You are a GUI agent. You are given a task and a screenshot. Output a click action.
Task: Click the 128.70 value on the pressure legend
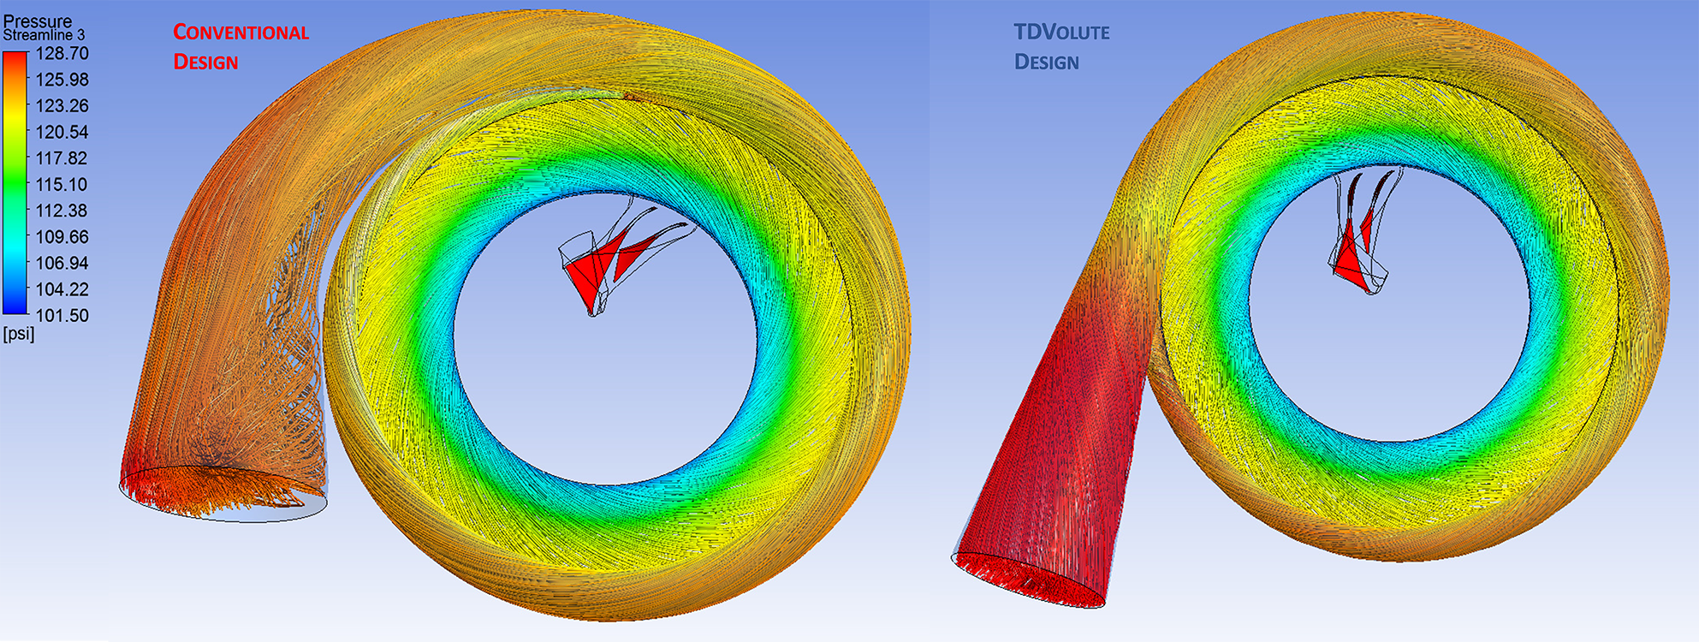62,53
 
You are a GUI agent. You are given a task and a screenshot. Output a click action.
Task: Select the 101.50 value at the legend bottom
62,315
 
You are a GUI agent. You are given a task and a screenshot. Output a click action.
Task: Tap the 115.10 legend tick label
62,184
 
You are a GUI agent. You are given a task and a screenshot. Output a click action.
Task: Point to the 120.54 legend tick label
62,132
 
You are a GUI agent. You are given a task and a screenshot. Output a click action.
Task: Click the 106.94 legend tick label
62,263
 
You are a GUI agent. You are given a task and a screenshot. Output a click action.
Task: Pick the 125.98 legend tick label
62,79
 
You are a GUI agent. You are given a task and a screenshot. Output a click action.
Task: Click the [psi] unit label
19,334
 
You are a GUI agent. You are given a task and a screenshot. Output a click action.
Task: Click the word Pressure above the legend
37,21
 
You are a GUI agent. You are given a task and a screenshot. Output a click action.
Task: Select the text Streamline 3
44,36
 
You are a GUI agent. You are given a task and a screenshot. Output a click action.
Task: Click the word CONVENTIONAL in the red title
241,33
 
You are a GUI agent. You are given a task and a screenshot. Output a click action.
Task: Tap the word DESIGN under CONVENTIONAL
205,62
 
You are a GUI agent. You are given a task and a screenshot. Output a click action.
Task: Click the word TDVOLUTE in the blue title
1061,33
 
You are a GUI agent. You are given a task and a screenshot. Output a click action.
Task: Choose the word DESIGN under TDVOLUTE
1046,62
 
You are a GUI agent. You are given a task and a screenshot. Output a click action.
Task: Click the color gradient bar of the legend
15,184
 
